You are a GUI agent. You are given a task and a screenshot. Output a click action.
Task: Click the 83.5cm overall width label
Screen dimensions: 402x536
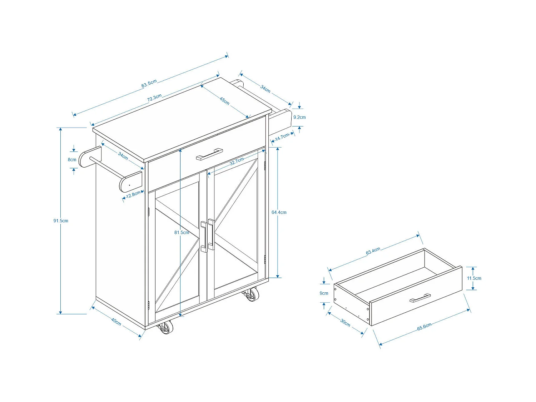point(149,84)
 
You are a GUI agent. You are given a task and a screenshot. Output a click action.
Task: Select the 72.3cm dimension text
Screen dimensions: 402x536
point(154,98)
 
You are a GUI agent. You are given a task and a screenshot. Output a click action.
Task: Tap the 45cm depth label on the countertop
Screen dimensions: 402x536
point(224,101)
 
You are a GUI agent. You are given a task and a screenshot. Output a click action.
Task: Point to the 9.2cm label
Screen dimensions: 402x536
point(299,117)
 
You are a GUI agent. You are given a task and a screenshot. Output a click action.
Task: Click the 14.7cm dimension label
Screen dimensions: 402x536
point(282,137)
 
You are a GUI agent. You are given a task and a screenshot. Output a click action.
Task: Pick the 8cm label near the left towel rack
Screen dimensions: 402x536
point(72,160)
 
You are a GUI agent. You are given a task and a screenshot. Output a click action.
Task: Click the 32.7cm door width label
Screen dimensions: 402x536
point(237,161)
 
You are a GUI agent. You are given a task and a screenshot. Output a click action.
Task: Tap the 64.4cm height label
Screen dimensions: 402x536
point(279,212)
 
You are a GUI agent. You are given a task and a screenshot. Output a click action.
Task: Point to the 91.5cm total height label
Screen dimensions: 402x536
point(61,221)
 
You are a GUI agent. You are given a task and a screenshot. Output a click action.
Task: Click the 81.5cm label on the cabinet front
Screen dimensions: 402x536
point(182,233)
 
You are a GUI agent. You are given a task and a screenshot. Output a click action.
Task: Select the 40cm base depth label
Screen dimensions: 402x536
point(116,322)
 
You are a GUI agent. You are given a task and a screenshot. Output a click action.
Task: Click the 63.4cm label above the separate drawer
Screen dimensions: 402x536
point(373,251)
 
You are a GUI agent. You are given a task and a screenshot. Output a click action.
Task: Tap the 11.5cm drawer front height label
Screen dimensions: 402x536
point(474,278)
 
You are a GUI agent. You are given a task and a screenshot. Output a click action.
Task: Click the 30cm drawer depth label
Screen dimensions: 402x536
point(345,322)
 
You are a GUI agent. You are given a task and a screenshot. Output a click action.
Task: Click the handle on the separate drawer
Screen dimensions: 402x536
point(420,298)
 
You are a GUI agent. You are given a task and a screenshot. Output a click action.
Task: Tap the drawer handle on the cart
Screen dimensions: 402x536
point(209,154)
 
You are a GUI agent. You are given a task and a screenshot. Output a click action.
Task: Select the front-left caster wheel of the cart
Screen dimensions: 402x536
point(165,327)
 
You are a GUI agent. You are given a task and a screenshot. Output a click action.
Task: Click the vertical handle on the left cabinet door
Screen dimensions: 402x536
point(204,237)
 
